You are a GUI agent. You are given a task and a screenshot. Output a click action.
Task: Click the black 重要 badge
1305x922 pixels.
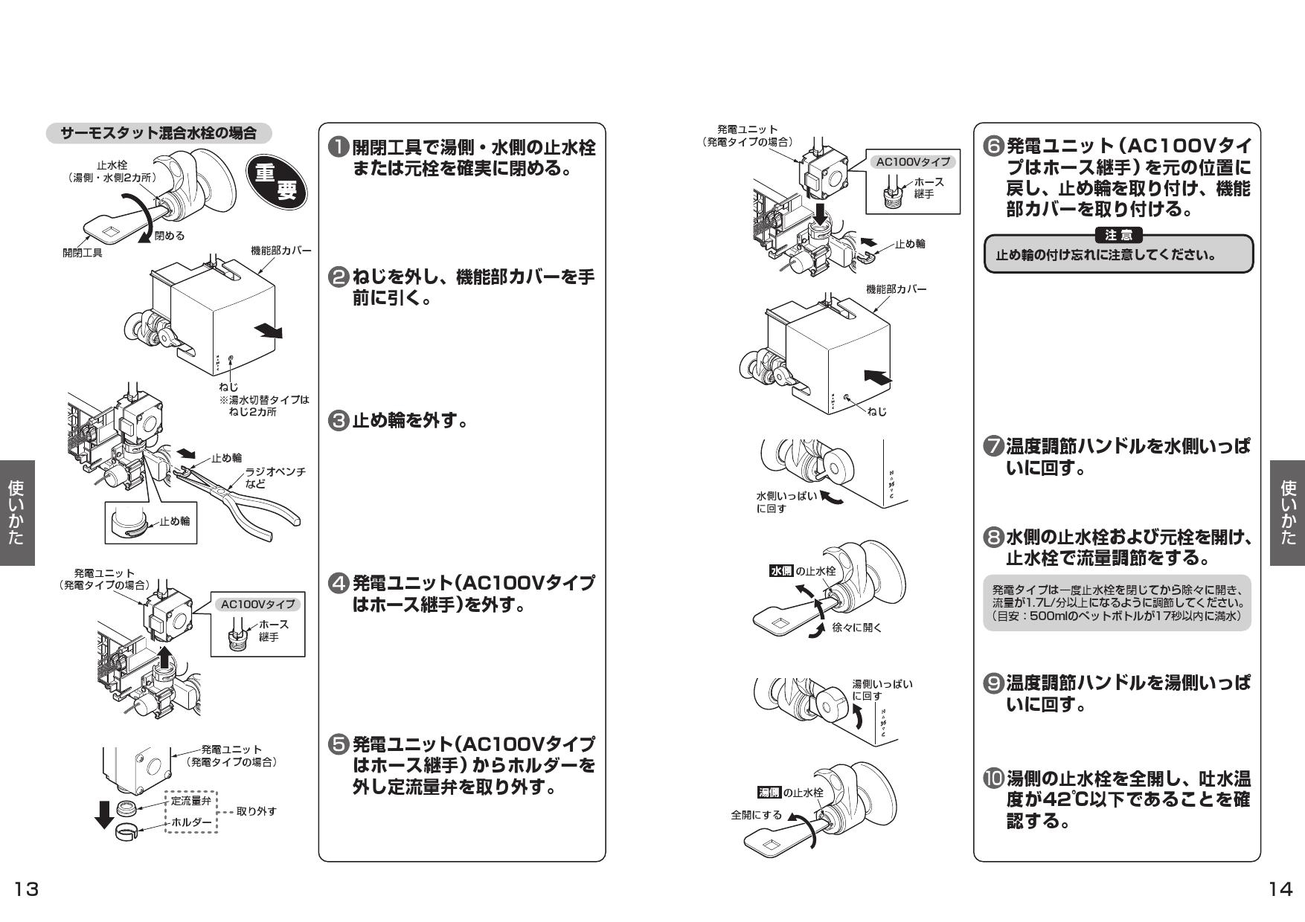[275, 182]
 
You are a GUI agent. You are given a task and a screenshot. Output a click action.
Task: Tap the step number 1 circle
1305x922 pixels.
[339, 147]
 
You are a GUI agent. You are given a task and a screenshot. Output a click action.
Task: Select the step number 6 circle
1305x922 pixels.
[993, 146]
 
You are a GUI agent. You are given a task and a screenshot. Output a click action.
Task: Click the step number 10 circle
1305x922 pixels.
[993, 779]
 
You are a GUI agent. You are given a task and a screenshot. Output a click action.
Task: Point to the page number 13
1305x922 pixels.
[27, 889]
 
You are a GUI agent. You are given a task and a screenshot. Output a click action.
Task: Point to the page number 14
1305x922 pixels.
[1280, 889]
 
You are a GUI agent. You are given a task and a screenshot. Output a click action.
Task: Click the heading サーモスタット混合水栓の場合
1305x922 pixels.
[158, 134]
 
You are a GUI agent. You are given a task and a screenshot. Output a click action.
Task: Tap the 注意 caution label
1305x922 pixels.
[1118, 236]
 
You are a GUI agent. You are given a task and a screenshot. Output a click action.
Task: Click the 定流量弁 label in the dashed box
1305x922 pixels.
[190, 801]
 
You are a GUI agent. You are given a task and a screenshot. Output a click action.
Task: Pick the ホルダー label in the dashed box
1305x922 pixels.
[190, 822]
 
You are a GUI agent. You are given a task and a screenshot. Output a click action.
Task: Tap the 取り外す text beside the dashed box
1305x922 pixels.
[256, 811]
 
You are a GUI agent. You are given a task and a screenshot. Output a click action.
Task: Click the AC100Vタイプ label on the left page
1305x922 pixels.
[257, 605]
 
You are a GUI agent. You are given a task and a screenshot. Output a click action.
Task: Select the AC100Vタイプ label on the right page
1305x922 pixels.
[913, 162]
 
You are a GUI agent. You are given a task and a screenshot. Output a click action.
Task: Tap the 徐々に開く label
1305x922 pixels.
[856, 628]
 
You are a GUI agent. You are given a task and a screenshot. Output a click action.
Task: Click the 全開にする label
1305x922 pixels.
[756, 815]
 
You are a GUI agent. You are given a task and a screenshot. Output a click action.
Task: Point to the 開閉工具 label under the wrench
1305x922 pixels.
[82, 253]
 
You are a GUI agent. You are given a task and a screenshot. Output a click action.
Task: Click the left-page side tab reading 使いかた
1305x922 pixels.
[16, 513]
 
